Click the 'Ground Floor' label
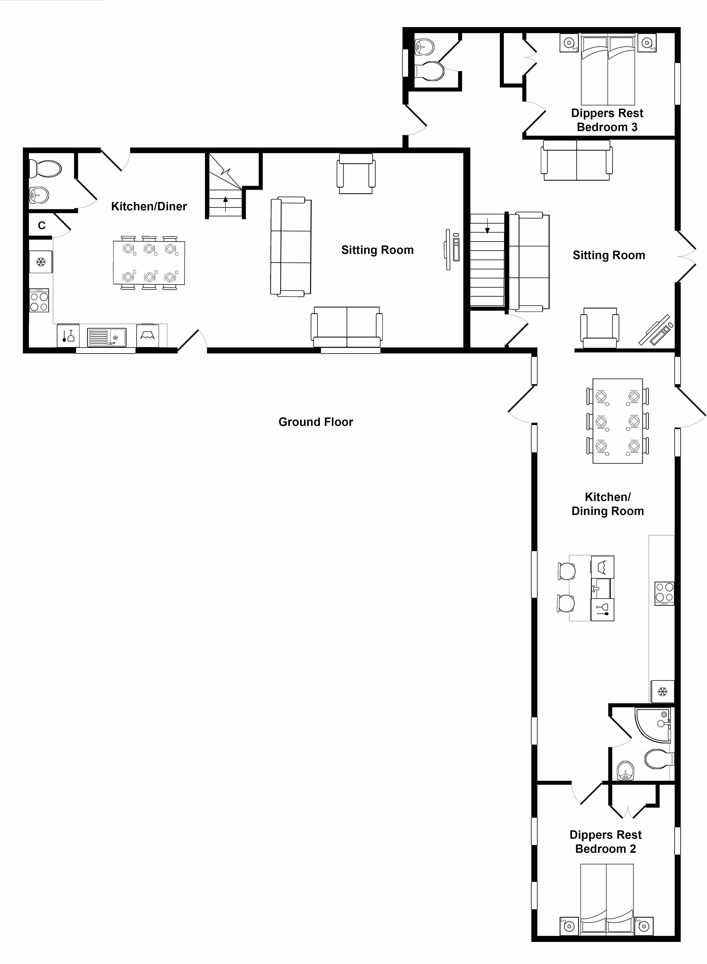pyautogui.click(x=316, y=422)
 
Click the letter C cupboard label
pyautogui.click(x=42, y=225)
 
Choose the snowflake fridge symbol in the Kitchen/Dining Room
pyautogui.click(x=662, y=691)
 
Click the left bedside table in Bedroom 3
pyautogui.click(x=569, y=43)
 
